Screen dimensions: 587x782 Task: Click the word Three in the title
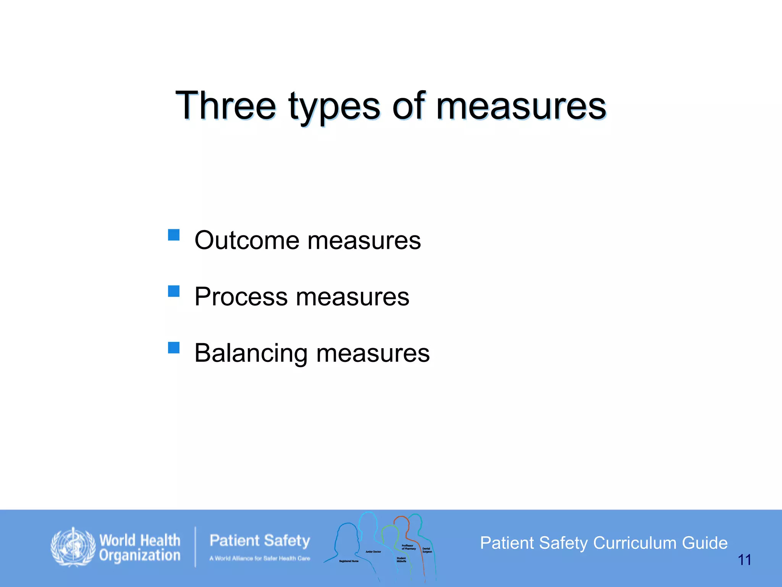[x=225, y=106]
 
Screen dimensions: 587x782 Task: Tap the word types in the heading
[x=334, y=107]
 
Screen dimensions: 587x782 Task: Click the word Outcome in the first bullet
[x=247, y=240]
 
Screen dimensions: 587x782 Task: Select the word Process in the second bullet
[x=241, y=297]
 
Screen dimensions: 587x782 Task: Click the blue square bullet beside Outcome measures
[x=174, y=235]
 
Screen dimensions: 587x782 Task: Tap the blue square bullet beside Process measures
[x=174, y=291]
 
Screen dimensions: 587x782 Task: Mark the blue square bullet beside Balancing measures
[x=174, y=347]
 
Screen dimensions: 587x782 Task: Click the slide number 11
[x=744, y=560]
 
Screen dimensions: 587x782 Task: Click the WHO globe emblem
[x=73, y=547]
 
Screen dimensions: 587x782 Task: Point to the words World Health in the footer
[x=140, y=540]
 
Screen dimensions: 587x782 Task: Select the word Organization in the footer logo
[x=140, y=555]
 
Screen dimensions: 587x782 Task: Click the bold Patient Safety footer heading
[x=260, y=541]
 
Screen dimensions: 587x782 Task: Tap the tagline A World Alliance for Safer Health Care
[x=260, y=558]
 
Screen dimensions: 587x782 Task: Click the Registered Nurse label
[x=349, y=561]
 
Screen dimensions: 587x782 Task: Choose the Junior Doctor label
[x=373, y=552]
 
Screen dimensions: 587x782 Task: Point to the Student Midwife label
[x=401, y=559]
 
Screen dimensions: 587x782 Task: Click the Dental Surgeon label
[x=427, y=550]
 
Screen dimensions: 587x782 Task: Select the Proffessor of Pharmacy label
[x=409, y=547]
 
